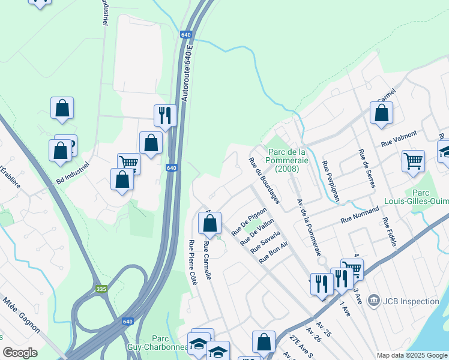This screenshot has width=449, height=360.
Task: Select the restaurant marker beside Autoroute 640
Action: click(165, 115)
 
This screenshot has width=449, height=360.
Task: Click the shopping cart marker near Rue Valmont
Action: click(413, 161)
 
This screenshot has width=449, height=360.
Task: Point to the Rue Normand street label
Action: click(360, 215)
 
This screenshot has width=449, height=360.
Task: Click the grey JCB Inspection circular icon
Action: click(374, 299)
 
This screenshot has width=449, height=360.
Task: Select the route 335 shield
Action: click(102, 290)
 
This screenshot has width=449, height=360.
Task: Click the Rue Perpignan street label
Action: click(331, 181)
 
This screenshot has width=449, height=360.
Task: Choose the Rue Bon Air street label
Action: click(274, 252)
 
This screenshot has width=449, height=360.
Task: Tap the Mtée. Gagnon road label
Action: click(21, 315)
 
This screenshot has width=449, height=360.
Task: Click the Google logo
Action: click(20, 353)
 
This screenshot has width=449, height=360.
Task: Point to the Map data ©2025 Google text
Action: click(411, 355)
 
